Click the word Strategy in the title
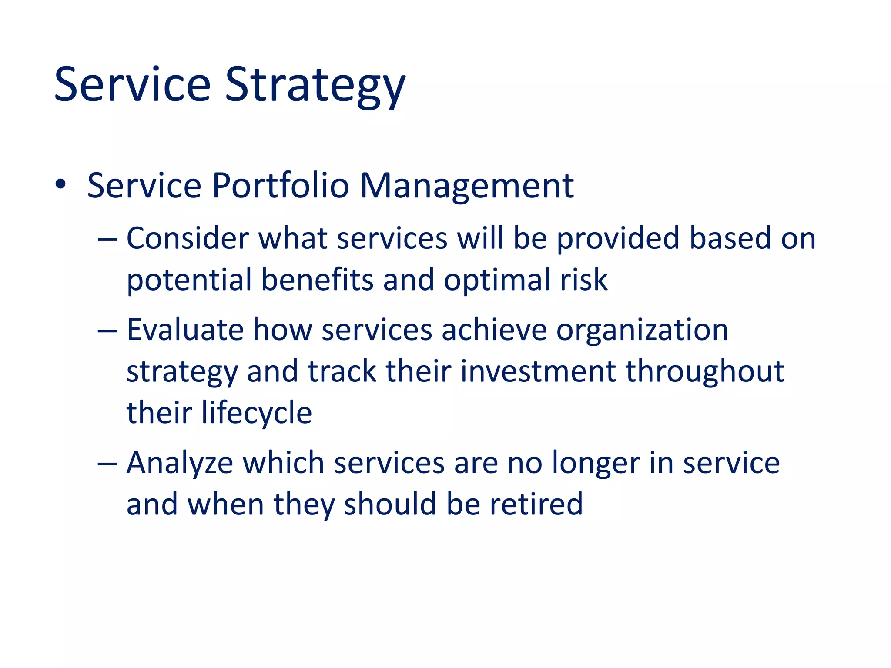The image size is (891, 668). click(x=315, y=85)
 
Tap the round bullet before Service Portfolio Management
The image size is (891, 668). click(x=60, y=185)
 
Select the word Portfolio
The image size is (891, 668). click(x=280, y=186)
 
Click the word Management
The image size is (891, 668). click(x=467, y=187)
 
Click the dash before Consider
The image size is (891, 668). click(x=107, y=240)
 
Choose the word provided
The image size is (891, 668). click(x=618, y=239)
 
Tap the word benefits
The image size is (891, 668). click(x=317, y=280)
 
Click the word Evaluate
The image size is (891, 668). click(x=185, y=330)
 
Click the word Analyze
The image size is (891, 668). click(x=180, y=463)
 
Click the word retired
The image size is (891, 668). click(x=536, y=504)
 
